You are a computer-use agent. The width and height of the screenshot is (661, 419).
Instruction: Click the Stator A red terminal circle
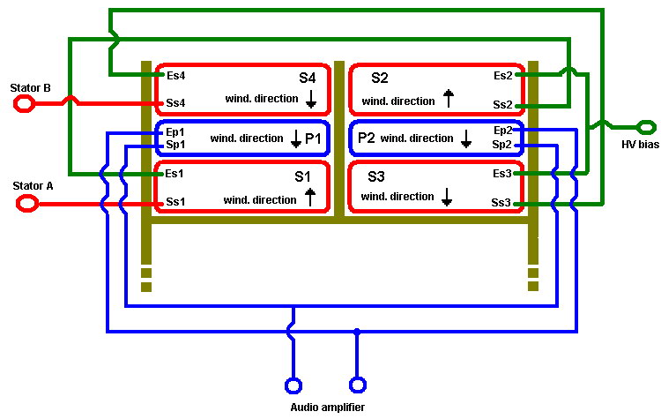point(27,204)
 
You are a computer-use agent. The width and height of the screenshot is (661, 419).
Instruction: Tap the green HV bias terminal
point(644,125)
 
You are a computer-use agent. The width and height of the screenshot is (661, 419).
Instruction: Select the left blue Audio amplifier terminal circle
point(293,385)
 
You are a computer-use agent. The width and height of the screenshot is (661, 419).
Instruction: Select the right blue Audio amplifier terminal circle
point(357,385)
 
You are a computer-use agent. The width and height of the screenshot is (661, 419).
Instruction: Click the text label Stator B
point(30,88)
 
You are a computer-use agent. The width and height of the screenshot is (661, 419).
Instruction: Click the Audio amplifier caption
point(327,407)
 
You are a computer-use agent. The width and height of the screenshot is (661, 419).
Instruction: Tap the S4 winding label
point(307,78)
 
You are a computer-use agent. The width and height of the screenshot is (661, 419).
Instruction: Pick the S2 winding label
point(380,78)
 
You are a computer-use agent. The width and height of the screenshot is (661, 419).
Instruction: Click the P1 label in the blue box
point(315,139)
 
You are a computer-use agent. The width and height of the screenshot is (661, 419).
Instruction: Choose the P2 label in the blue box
point(367,138)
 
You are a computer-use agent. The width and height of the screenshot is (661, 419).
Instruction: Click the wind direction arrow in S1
point(309,198)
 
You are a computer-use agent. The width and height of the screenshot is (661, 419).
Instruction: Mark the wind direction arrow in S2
point(448,98)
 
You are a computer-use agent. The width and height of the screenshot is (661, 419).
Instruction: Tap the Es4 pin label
point(175,76)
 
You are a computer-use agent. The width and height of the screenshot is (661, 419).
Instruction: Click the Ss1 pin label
point(175,203)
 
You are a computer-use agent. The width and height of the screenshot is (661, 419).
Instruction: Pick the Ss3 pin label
point(501,203)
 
